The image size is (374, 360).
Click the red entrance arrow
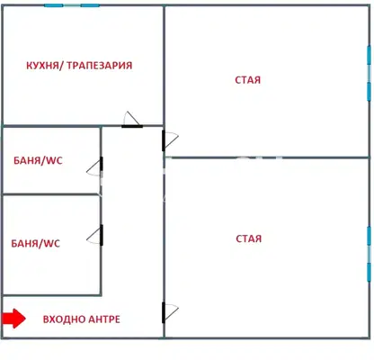pyautogui.click(x=13, y=319)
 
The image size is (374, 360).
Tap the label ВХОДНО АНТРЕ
pyautogui.click(x=82, y=319)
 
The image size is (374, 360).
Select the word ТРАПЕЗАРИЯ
pyautogui.click(x=99, y=66)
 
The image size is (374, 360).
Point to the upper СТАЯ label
pyautogui.click(x=247, y=80)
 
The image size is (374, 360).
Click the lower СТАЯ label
pyautogui.click(x=249, y=238)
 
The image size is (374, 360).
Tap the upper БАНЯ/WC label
pyautogui.click(x=38, y=160)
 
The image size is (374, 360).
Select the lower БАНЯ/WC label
pyautogui.click(x=36, y=243)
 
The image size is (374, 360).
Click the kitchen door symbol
pyautogui.click(x=132, y=120)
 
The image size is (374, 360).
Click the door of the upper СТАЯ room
pyautogui.click(x=170, y=140)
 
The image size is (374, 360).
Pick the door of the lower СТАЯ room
pyautogui.click(x=170, y=313)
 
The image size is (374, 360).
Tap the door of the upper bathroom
pyautogui.click(x=95, y=166)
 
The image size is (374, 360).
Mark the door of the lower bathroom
pyautogui.click(x=95, y=236)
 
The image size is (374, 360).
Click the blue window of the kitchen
pyautogui.click(x=72, y=5)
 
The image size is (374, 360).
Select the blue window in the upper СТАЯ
pyautogui.click(x=370, y=74)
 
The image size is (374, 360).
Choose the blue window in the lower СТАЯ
pyautogui.click(x=370, y=254)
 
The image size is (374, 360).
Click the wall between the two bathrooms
pyautogui.click(x=51, y=194)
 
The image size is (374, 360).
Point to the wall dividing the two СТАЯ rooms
pyautogui.click(x=267, y=157)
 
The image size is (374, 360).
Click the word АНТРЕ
pyautogui.click(x=103, y=319)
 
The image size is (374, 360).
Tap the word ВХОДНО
pyautogui.click(x=63, y=319)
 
